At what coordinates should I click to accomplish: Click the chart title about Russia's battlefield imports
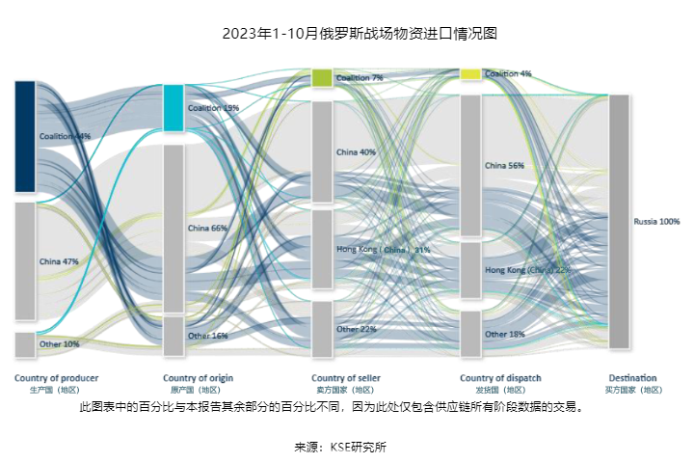tap(346, 34)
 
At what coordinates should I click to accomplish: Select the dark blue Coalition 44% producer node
tap(25, 136)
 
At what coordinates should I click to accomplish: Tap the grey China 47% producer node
tap(25, 260)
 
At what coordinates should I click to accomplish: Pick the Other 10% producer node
tap(25, 344)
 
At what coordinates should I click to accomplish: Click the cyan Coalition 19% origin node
tap(173, 107)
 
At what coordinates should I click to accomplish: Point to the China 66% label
tap(207, 229)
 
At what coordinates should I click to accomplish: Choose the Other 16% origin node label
tap(207, 336)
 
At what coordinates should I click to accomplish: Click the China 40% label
tap(356, 152)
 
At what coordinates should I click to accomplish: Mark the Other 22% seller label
tap(356, 330)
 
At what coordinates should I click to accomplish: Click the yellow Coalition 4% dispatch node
tap(470, 74)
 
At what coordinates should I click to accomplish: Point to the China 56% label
tap(504, 166)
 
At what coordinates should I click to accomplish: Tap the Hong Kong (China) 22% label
tap(527, 270)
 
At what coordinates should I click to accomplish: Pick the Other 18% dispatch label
tap(504, 335)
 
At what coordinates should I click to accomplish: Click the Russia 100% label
tap(656, 222)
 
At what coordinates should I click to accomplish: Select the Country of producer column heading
tap(56, 378)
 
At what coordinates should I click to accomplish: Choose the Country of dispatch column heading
tap(500, 378)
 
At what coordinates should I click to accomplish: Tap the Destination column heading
tap(632, 378)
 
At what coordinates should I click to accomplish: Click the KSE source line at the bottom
tap(346, 447)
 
